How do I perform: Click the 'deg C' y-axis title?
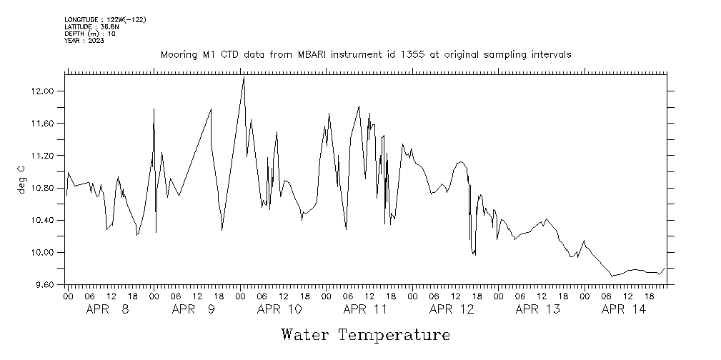click(x=21, y=179)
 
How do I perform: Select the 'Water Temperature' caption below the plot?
click(x=366, y=334)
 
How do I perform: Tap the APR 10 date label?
click(x=279, y=309)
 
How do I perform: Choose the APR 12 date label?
click(x=452, y=309)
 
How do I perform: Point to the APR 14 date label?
click(x=624, y=309)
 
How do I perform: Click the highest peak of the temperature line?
click(x=244, y=78)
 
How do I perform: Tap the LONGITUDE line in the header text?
click(x=105, y=19)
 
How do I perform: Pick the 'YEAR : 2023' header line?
click(x=84, y=41)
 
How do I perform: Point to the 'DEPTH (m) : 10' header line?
click(x=89, y=34)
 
